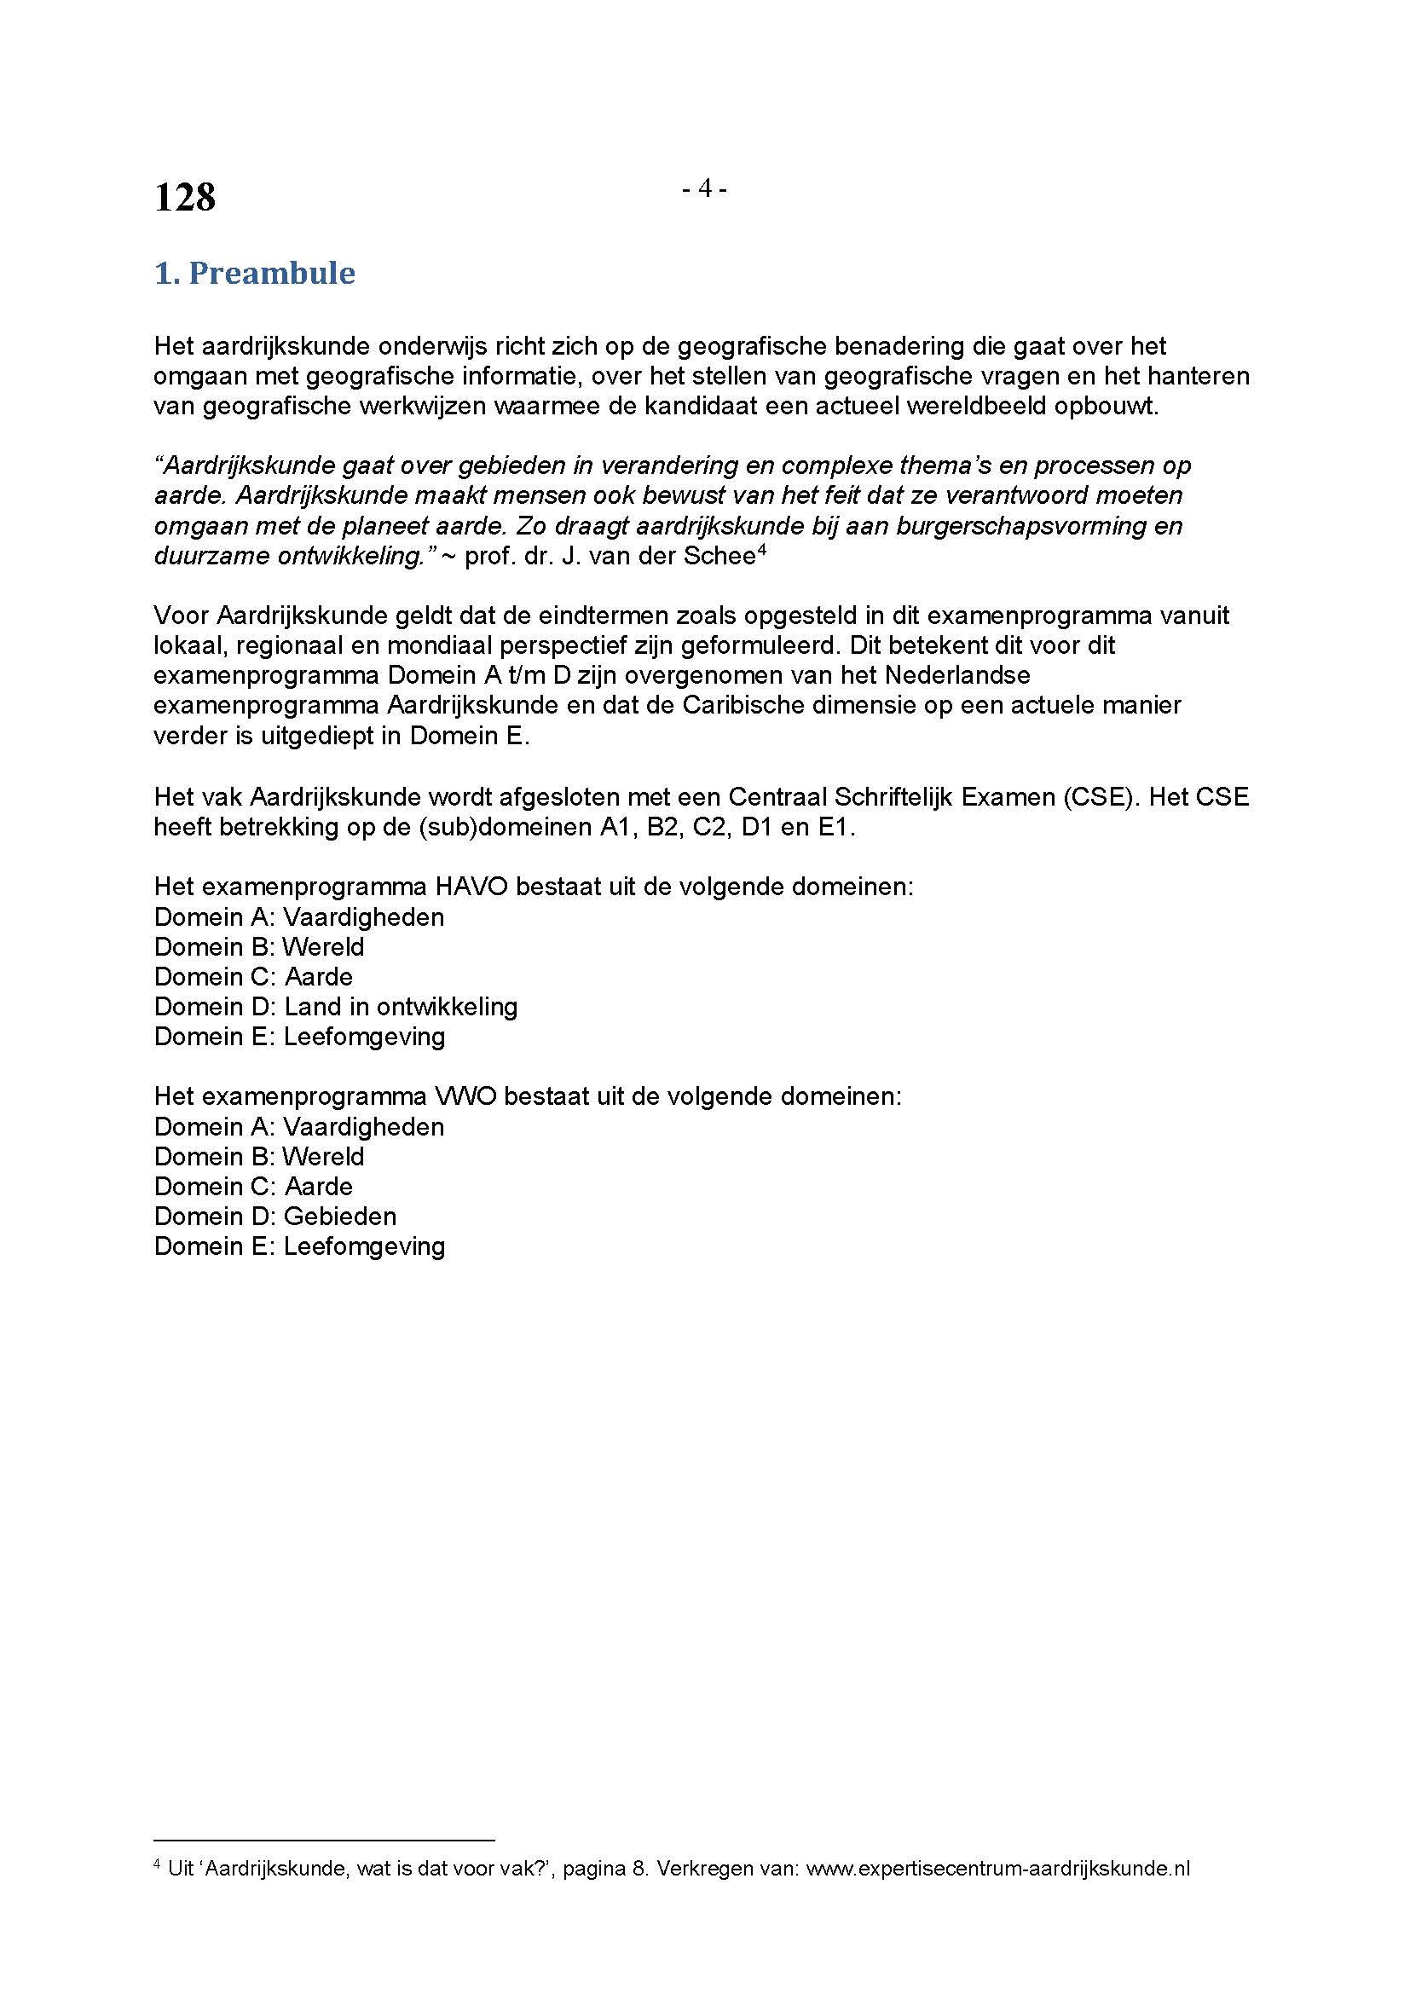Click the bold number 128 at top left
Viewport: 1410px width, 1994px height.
185,198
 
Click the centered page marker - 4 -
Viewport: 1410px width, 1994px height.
704,188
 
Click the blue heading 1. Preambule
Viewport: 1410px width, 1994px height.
254,274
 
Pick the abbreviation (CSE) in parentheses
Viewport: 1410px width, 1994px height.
1098,796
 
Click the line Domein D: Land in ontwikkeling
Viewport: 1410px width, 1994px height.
335,1007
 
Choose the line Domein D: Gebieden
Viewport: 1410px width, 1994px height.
275,1217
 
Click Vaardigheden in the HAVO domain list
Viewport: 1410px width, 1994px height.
363,917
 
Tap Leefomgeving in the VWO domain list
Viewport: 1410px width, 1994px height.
364,1246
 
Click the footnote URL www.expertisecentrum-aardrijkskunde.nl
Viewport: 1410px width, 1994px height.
997,1869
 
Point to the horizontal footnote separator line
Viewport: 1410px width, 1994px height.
324,1840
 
